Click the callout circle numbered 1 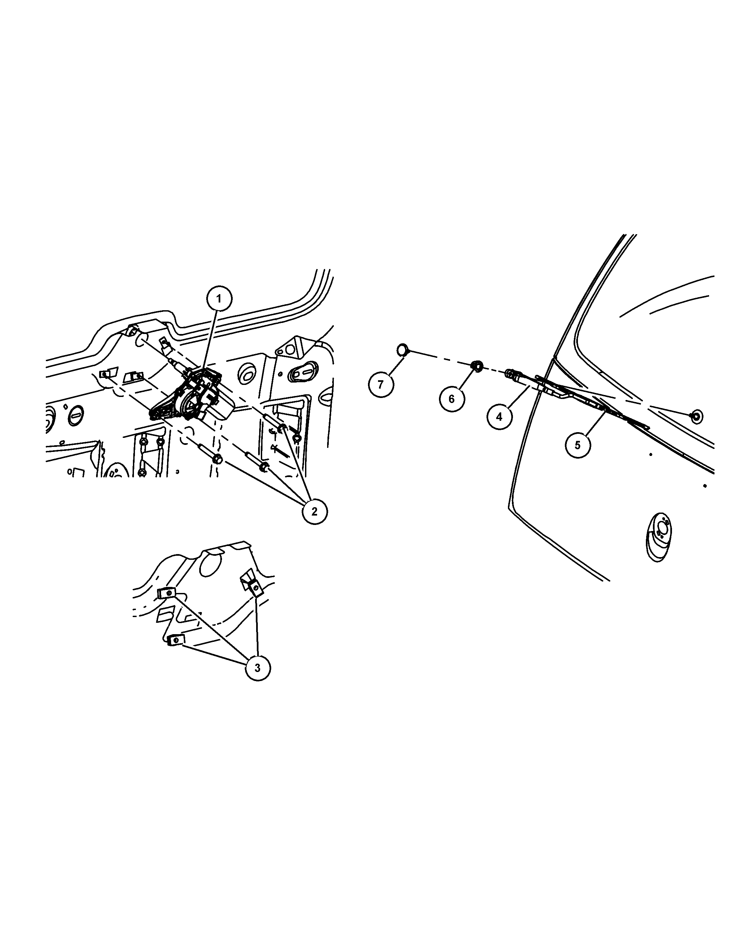219,298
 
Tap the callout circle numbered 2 314,511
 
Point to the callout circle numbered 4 499,416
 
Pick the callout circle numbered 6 451,399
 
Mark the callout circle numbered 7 381,384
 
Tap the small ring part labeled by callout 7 402,349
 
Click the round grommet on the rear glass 696,416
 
